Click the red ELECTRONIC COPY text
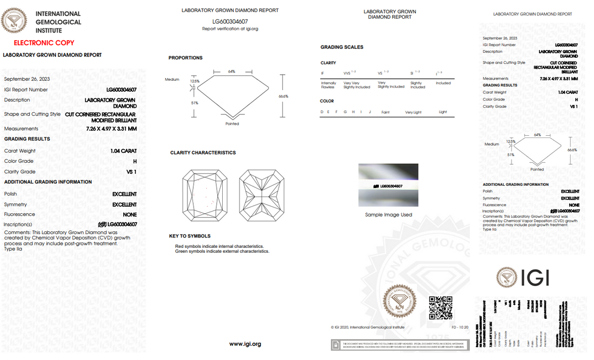click(44, 43)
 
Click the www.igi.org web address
click(245, 344)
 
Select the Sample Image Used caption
click(388, 215)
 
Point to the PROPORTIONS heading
click(185, 58)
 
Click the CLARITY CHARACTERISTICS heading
click(203, 153)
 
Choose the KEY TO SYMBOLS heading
click(190, 236)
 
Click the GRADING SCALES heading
click(342, 47)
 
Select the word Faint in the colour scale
click(386, 112)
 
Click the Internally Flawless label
click(328, 85)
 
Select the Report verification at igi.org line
click(230, 29)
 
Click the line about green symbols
click(222, 251)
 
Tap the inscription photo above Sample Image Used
click(388, 185)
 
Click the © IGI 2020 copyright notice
click(367, 327)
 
